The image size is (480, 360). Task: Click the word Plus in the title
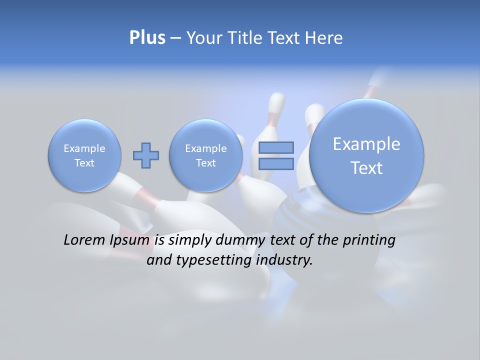[147, 37]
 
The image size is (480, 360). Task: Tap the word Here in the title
[324, 38]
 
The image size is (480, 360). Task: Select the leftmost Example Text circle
[84, 155]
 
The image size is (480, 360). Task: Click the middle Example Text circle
[206, 155]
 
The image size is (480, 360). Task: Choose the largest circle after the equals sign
[366, 155]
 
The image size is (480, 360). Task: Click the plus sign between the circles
[146, 155]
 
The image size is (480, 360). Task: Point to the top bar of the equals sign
[276, 147]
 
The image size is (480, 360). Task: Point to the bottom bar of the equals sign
[276, 163]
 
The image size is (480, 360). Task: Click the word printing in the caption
[368, 240]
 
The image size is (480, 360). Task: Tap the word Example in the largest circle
[366, 144]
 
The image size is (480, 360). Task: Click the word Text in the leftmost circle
[84, 163]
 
